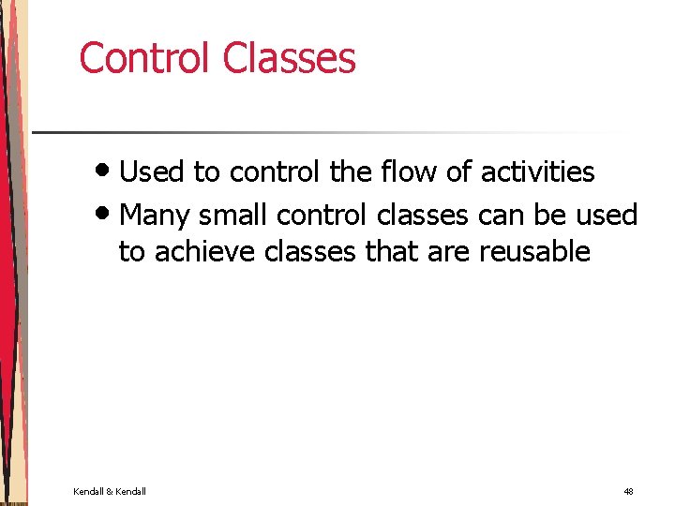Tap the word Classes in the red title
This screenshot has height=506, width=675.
(289, 57)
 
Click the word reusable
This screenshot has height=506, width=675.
(534, 251)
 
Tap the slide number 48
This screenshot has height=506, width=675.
(628, 492)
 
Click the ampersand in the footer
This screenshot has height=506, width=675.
(109, 492)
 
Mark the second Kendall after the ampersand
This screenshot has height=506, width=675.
(130, 492)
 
